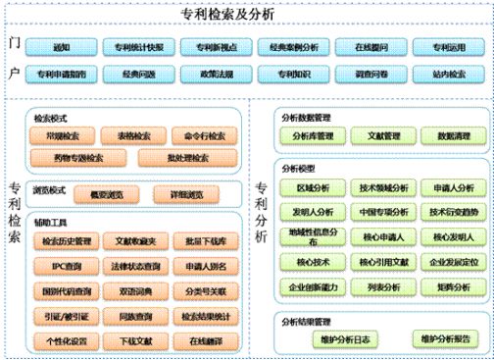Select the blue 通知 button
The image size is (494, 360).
click(62, 46)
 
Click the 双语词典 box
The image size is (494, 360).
click(132, 290)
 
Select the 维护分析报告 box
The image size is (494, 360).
click(443, 339)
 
